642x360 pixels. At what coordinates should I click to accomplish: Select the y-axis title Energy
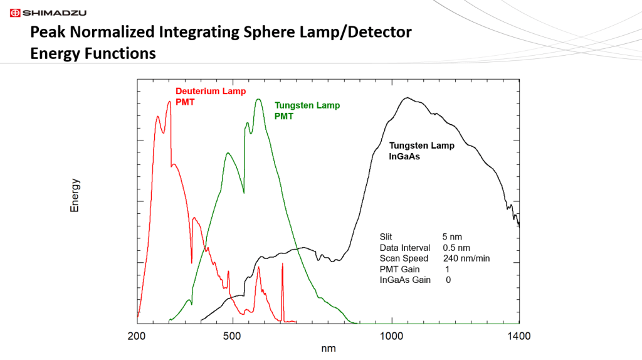[x=75, y=195]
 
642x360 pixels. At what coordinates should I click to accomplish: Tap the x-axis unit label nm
[x=328, y=349]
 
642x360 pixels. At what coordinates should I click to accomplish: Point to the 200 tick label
[x=137, y=336]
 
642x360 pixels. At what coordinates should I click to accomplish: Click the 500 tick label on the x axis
[x=233, y=336]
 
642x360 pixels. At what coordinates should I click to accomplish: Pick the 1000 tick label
[x=392, y=336]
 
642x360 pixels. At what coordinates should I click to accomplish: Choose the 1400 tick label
[x=519, y=336]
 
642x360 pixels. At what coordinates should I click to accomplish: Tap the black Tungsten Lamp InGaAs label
[x=422, y=151]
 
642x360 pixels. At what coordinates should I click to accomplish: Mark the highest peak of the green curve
[x=258, y=99]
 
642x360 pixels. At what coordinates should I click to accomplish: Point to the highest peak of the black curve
[x=407, y=98]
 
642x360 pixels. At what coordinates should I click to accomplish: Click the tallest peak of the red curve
[x=169, y=102]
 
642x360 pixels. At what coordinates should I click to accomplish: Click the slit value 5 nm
[x=452, y=237]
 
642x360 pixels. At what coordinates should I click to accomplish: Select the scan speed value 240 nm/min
[x=466, y=258]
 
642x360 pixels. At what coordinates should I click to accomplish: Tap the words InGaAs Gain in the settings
[x=405, y=280]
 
